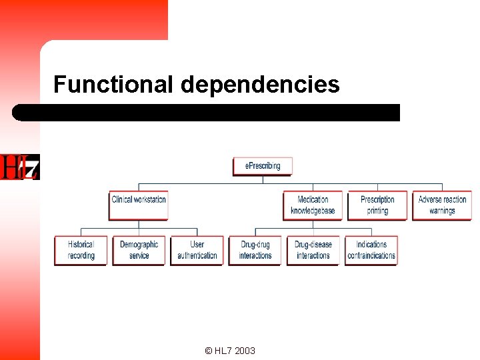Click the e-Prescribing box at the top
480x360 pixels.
click(x=263, y=166)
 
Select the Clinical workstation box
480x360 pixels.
click(x=139, y=205)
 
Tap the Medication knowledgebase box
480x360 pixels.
click(x=313, y=205)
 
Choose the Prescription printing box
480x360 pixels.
click(x=377, y=205)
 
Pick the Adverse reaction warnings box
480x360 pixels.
click(x=442, y=205)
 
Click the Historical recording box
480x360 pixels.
click(x=81, y=250)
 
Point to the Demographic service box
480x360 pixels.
click(x=139, y=250)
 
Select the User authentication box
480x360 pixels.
click(x=197, y=250)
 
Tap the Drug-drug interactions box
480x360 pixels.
click(x=255, y=250)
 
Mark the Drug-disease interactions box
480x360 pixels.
click(x=313, y=250)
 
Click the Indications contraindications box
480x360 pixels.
click(x=371, y=250)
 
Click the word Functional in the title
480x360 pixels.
click(x=113, y=85)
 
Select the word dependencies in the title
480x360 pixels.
click(x=260, y=85)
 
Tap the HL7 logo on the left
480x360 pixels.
click(x=20, y=167)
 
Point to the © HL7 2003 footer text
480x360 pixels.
click(x=230, y=351)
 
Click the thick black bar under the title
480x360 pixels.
click(x=207, y=112)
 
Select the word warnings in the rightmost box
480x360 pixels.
click(x=442, y=211)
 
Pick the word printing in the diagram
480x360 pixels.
click(x=377, y=211)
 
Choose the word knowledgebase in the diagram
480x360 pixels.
click(x=313, y=211)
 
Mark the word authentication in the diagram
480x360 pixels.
click(x=197, y=255)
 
